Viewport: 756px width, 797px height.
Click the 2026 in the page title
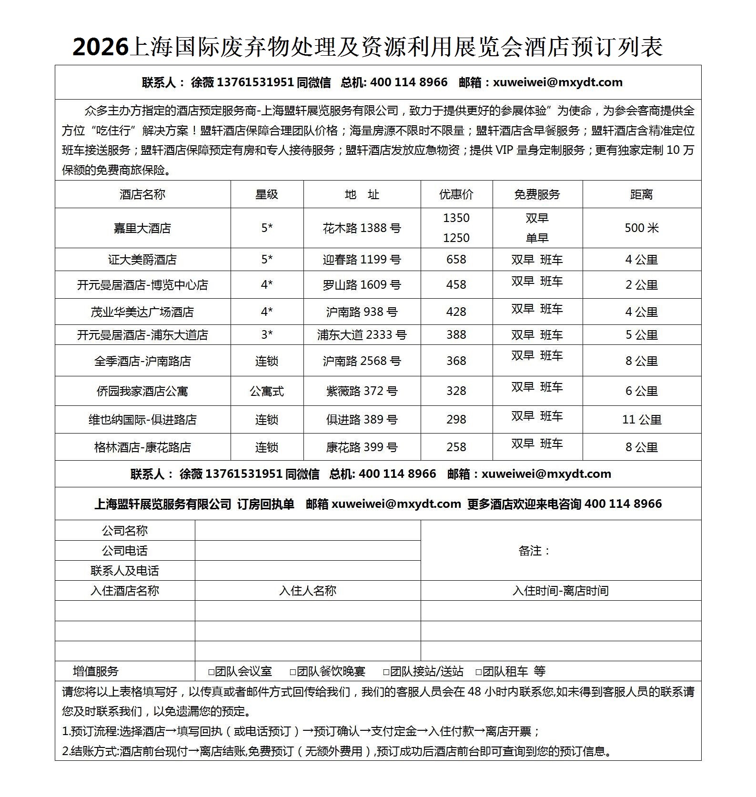pyautogui.click(x=101, y=47)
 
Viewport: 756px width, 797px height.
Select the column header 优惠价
pyautogui.click(x=456, y=194)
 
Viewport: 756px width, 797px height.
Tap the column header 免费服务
pyautogui.click(x=537, y=194)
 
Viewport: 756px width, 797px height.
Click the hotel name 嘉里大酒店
pyautogui.click(x=142, y=228)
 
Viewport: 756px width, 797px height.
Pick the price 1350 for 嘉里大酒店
pyautogui.click(x=456, y=218)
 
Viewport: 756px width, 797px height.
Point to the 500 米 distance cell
pyautogui.click(x=641, y=228)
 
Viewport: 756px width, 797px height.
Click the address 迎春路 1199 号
pyautogui.click(x=362, y=260)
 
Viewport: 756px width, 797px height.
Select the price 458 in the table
pyautogui.click(x=456, y=285)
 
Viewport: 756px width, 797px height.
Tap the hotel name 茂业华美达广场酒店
pyautogui.click(x=142, y=312)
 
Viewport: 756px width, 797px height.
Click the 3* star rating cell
pyautogui.click(x=267, y=335)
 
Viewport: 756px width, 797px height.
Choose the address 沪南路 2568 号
pyautogui.click(x=362, y=361)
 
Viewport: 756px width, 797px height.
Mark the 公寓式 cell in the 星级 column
pyautogui.click(x=267, y=391)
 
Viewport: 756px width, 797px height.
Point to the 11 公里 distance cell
pyautogui.click(x=641, y=420)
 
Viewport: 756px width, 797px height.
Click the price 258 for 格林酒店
pyautogui.click(x=456, y=447)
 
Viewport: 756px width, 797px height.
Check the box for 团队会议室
pyautogui.click(x=212, y=672)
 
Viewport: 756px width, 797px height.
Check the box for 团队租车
pyautogui.click(x=479, y=672)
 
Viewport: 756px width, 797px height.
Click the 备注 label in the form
pyautogui.click(x=534, y=551)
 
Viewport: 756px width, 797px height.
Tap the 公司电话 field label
pyautogui.click(x=125, y=551)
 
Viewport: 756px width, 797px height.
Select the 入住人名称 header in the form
pyautogui.click(x=307, y=591)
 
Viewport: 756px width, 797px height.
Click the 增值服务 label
pyautogui.click(x=95, y=671)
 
